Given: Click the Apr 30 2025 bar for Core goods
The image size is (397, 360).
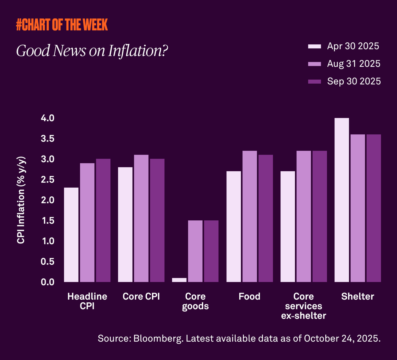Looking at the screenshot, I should [x=179, y=280].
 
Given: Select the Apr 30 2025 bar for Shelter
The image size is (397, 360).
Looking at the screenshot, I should [x=342, y=200].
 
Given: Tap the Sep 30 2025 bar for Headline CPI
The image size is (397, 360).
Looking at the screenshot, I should [x=103, y=220].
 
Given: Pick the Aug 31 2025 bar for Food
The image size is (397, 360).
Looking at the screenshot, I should [x=250, y=216].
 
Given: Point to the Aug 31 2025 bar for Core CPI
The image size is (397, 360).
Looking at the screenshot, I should [x=141, y=218].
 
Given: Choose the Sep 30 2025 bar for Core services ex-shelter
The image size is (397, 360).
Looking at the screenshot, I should [x=319, y=216].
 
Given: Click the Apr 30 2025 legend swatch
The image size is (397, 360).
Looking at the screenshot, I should [x=315, y=46].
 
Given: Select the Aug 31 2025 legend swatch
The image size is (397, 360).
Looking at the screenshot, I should [x=315, y=64].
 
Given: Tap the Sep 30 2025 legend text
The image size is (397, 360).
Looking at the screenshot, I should [x=354, y=81].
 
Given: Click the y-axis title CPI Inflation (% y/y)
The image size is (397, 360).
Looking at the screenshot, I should [x=21, y=200].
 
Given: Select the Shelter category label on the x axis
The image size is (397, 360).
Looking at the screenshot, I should [x=358, y=296].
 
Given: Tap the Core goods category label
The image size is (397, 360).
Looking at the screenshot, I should [x=195, y=301].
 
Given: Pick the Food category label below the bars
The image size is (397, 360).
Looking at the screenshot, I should [x=249, y=296].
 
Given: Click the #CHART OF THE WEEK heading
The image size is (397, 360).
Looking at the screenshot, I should [x=62, y=25].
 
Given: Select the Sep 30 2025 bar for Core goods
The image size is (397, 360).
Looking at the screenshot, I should [x=211, y=251].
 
